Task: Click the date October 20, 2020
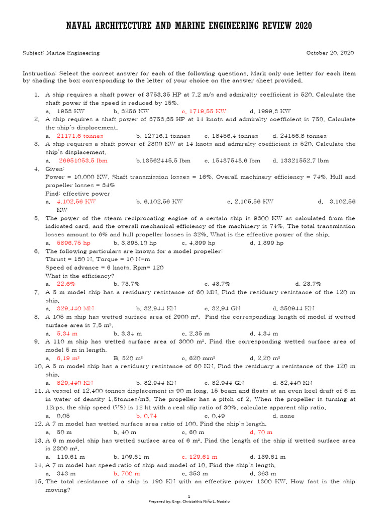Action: [x=331, y=53]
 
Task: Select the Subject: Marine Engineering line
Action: [x=61, y=53]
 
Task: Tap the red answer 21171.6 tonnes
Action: [x=80, y=136]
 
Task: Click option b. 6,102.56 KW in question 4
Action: [x=159, y=202]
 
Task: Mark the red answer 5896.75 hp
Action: [x=73, y=243]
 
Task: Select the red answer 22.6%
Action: [x=66, y=284]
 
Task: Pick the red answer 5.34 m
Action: [x=67, y=333]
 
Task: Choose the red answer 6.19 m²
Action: [x=68, y=358]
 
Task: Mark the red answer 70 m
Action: [x=264, y=432]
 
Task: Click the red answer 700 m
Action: [x=130, y=473]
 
